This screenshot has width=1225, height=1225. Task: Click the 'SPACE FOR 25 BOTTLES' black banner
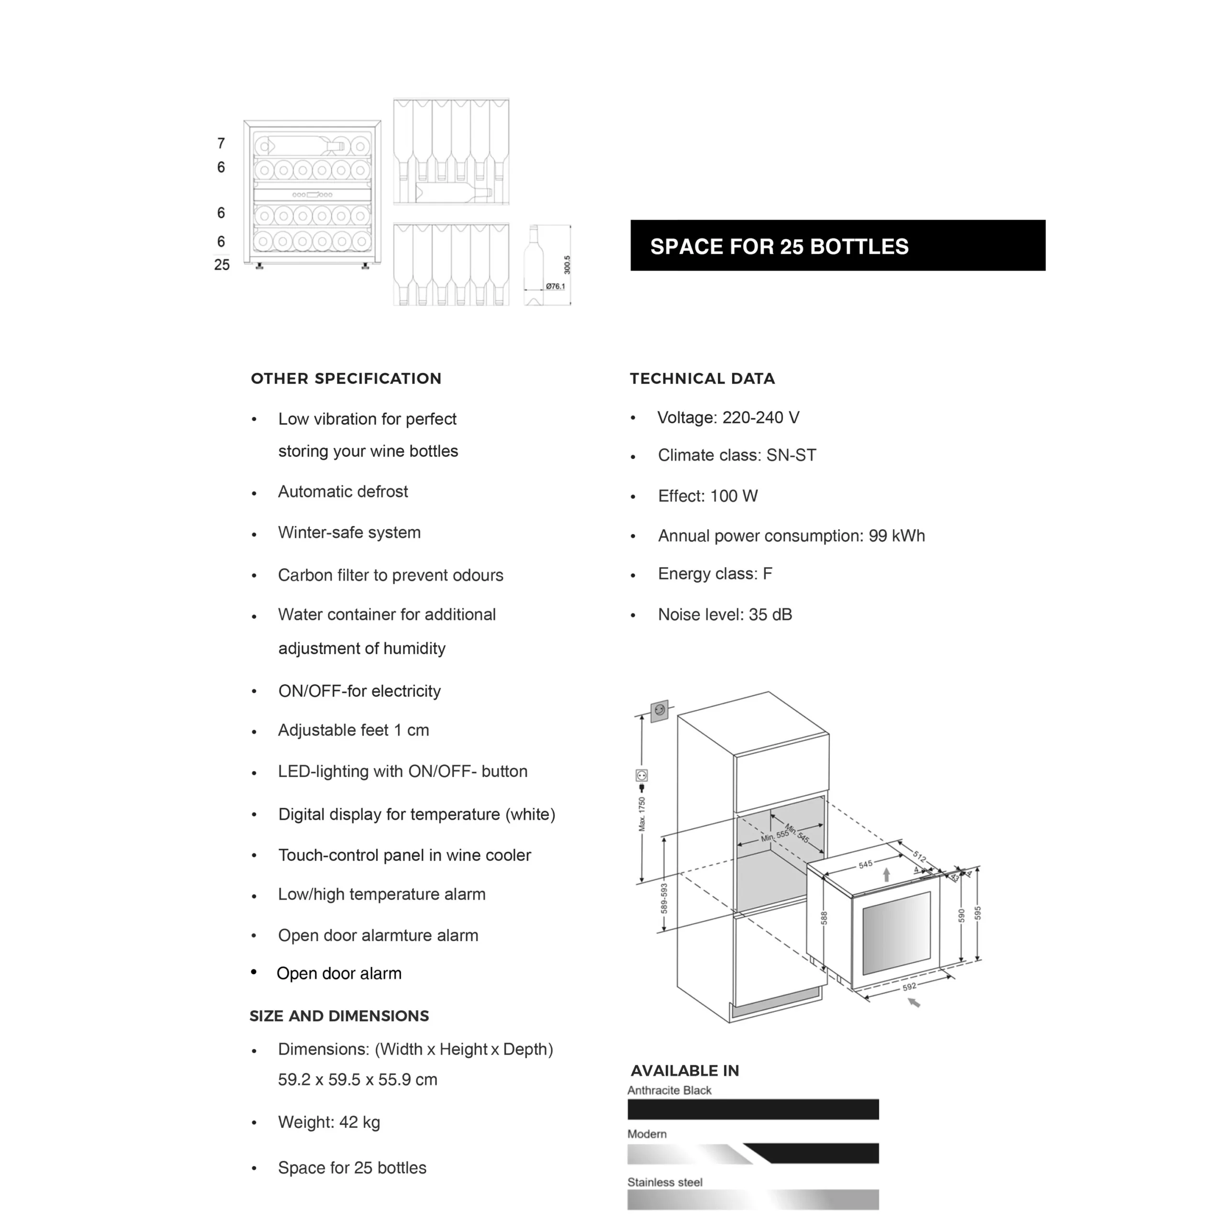pyautogui.click(x=837, y=245)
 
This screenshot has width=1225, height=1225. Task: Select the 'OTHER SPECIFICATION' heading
pyautogui.click(x=345, y=379)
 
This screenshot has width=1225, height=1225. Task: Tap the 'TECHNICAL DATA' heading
pyautogui.click(x=702, y=379)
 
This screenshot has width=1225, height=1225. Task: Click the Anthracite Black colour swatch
pyautogui.click(x=753, y=1109)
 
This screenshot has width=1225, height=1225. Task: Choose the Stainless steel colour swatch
pyautogui.click(x=753, y=1199)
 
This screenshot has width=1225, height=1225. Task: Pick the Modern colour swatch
pyautogui.click(x=753, y=1153)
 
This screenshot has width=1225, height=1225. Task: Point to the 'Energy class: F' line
pyautogui.click(x=714, y=574)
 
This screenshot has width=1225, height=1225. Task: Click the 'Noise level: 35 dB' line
pyautogui.click(x=725, y=614)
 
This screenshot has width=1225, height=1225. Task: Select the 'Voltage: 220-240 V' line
pyautogui.click(x=728, y=417)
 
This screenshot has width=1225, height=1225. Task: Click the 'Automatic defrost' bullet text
pyautogui.click(x=343, y=491)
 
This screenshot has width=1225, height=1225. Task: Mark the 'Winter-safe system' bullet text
pyautogui.click(x=349, y=532)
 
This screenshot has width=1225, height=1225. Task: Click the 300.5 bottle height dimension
pyautogui.click(x=567, y=265)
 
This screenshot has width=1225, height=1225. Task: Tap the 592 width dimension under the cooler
pyautogui.click(x=909, y=987)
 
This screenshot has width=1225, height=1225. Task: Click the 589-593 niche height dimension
pyautogui.click(x=664, y=898)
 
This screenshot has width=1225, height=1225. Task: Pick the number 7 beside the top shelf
pyautogui.click(x=221, y=143)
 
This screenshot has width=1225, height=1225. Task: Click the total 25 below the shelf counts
pyautogui.click(x=221, y=265)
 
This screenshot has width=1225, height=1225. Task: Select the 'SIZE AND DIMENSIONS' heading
pyautogui.click(x=339, y=1016)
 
